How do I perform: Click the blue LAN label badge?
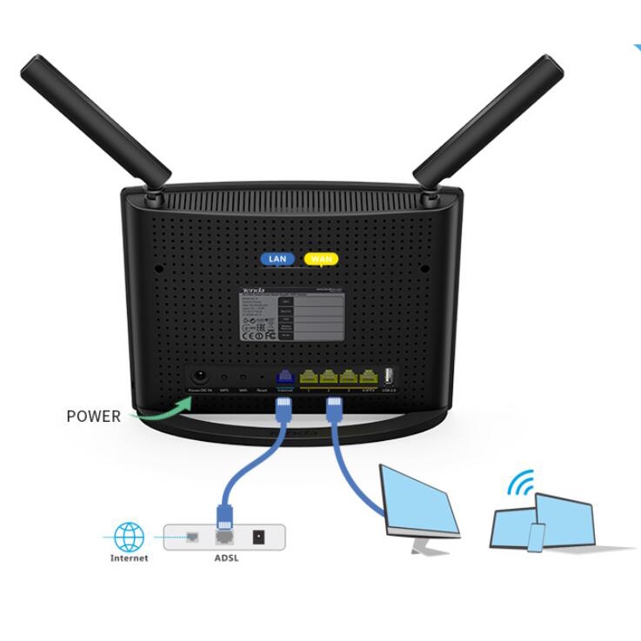coord(277,259)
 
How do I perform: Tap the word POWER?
coord(93,416)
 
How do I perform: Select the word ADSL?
coord(225,558)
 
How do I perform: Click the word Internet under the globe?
coord(130,558)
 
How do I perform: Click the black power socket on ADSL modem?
coord(257,537)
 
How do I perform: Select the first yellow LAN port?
coord(309,377)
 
